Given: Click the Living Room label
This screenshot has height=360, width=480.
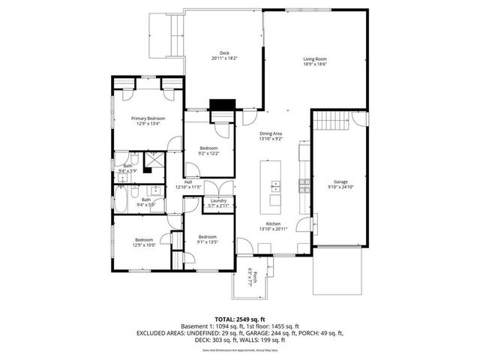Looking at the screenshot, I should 314,58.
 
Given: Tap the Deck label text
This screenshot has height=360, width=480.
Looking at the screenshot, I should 224,52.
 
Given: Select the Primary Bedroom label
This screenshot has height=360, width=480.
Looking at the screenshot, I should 148,118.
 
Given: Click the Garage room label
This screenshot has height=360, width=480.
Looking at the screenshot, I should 341,182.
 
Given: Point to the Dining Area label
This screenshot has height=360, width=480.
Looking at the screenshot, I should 270,133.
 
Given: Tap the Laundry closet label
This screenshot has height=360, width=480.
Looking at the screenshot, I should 219,201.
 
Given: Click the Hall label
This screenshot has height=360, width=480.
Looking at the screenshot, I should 189,181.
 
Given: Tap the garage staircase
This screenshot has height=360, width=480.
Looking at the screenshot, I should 331,121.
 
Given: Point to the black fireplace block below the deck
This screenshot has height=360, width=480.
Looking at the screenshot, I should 220,106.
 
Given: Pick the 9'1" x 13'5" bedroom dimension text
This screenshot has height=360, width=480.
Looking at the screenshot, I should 206,242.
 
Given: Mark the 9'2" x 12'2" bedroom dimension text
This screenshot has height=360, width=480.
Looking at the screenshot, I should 208,153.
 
